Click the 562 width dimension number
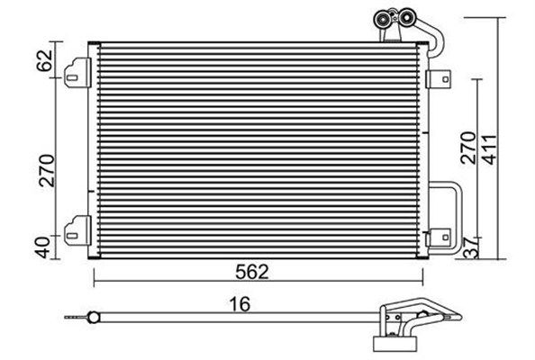point(252,272)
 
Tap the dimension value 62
point(45,60)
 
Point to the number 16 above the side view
point(240,304)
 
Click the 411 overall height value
point(491,149)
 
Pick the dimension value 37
point(470,248)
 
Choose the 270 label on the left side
point(47,170)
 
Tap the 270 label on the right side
point(467,148)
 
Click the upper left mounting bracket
point(77,72)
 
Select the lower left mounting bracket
point(77,230)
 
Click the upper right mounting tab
point(439,79)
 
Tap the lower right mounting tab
point(439,238)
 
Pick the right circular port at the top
point(406,16)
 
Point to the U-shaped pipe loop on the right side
point(460,218)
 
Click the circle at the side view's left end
point(93,318)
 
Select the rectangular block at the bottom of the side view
point(395,344)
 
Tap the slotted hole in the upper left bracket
point(72,77)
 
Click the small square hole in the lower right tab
point(445,238)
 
